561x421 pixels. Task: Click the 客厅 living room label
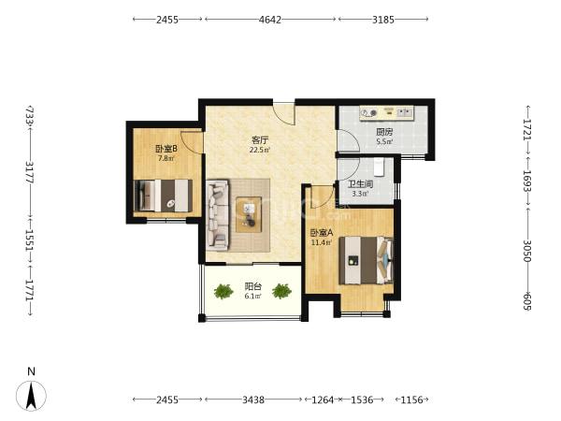pos(260,139)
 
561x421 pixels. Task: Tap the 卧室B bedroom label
pos(166,148)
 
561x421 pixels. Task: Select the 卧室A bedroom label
pos(322,233)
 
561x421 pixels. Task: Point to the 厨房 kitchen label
pos(384,132)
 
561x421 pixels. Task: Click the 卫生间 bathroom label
pos(361,184)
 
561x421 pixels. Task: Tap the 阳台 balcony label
pos(253,286)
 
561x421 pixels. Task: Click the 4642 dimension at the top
pos(270,20)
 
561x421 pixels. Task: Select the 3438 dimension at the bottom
pos(253,399)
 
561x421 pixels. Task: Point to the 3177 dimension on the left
pos(30,173)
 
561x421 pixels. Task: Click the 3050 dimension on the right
pos(527,251)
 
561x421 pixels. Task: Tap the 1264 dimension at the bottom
pos(323,399)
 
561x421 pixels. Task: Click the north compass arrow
pos(32,396)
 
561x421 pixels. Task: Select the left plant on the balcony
pos(223,291)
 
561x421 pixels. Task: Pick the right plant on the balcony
pos(281,291)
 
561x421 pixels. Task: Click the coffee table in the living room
pos(249,214)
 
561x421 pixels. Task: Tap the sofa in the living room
pos(217,215)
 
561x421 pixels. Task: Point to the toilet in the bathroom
pos(379,167)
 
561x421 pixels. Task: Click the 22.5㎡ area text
pos(260,150)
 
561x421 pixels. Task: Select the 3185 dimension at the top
pos(383,20)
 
